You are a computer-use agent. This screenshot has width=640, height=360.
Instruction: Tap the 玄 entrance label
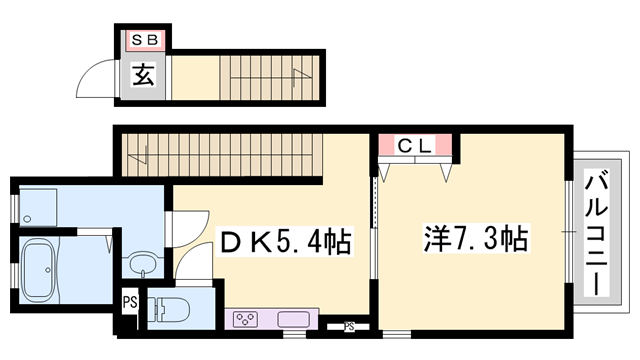click(144, 74)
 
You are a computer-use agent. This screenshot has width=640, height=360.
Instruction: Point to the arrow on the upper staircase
click(296, 72)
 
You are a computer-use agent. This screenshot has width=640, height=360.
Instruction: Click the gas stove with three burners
click(246, 320)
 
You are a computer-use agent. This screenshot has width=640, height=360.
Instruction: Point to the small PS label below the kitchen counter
click(349, 325)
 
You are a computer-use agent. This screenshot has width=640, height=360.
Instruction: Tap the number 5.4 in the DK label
click(296, 241)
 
